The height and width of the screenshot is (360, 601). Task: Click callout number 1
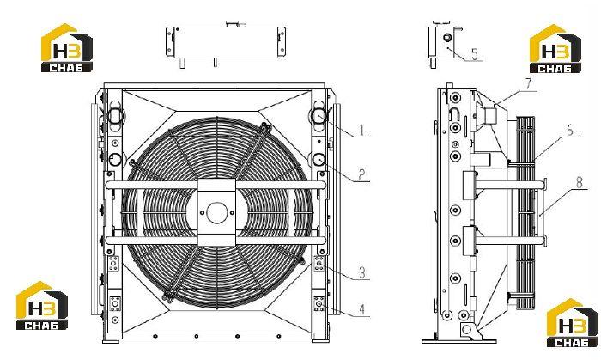pos(361,130)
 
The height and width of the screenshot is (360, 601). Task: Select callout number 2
pos(361,174)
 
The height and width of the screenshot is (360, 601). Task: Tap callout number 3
pos(361,272)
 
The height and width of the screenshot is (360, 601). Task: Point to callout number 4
pos(361,309)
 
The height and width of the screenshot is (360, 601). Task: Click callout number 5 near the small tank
pos(475,54)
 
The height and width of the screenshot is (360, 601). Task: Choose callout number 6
pos(570,131)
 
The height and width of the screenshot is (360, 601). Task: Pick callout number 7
pos(529,84)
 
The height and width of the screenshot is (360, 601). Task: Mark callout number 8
pos(580,182)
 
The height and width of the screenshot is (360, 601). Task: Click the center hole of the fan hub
pos(217,213)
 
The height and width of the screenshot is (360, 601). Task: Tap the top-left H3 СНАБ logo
pos(67,47)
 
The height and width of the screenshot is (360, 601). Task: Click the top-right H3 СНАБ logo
pos(555,49)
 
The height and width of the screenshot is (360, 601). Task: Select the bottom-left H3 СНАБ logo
pos(41,306)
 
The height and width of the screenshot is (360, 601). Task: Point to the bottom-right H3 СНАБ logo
pos(573,323)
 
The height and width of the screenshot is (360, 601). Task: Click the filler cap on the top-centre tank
pos(233,24)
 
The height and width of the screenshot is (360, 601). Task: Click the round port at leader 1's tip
pos(319,116)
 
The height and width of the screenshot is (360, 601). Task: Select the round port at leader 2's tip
pos(319,160)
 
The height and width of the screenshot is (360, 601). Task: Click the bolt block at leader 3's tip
pos(319,264)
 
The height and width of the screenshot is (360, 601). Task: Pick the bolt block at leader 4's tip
pos(319,303)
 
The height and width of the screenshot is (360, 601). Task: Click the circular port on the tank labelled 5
pos(447,38)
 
